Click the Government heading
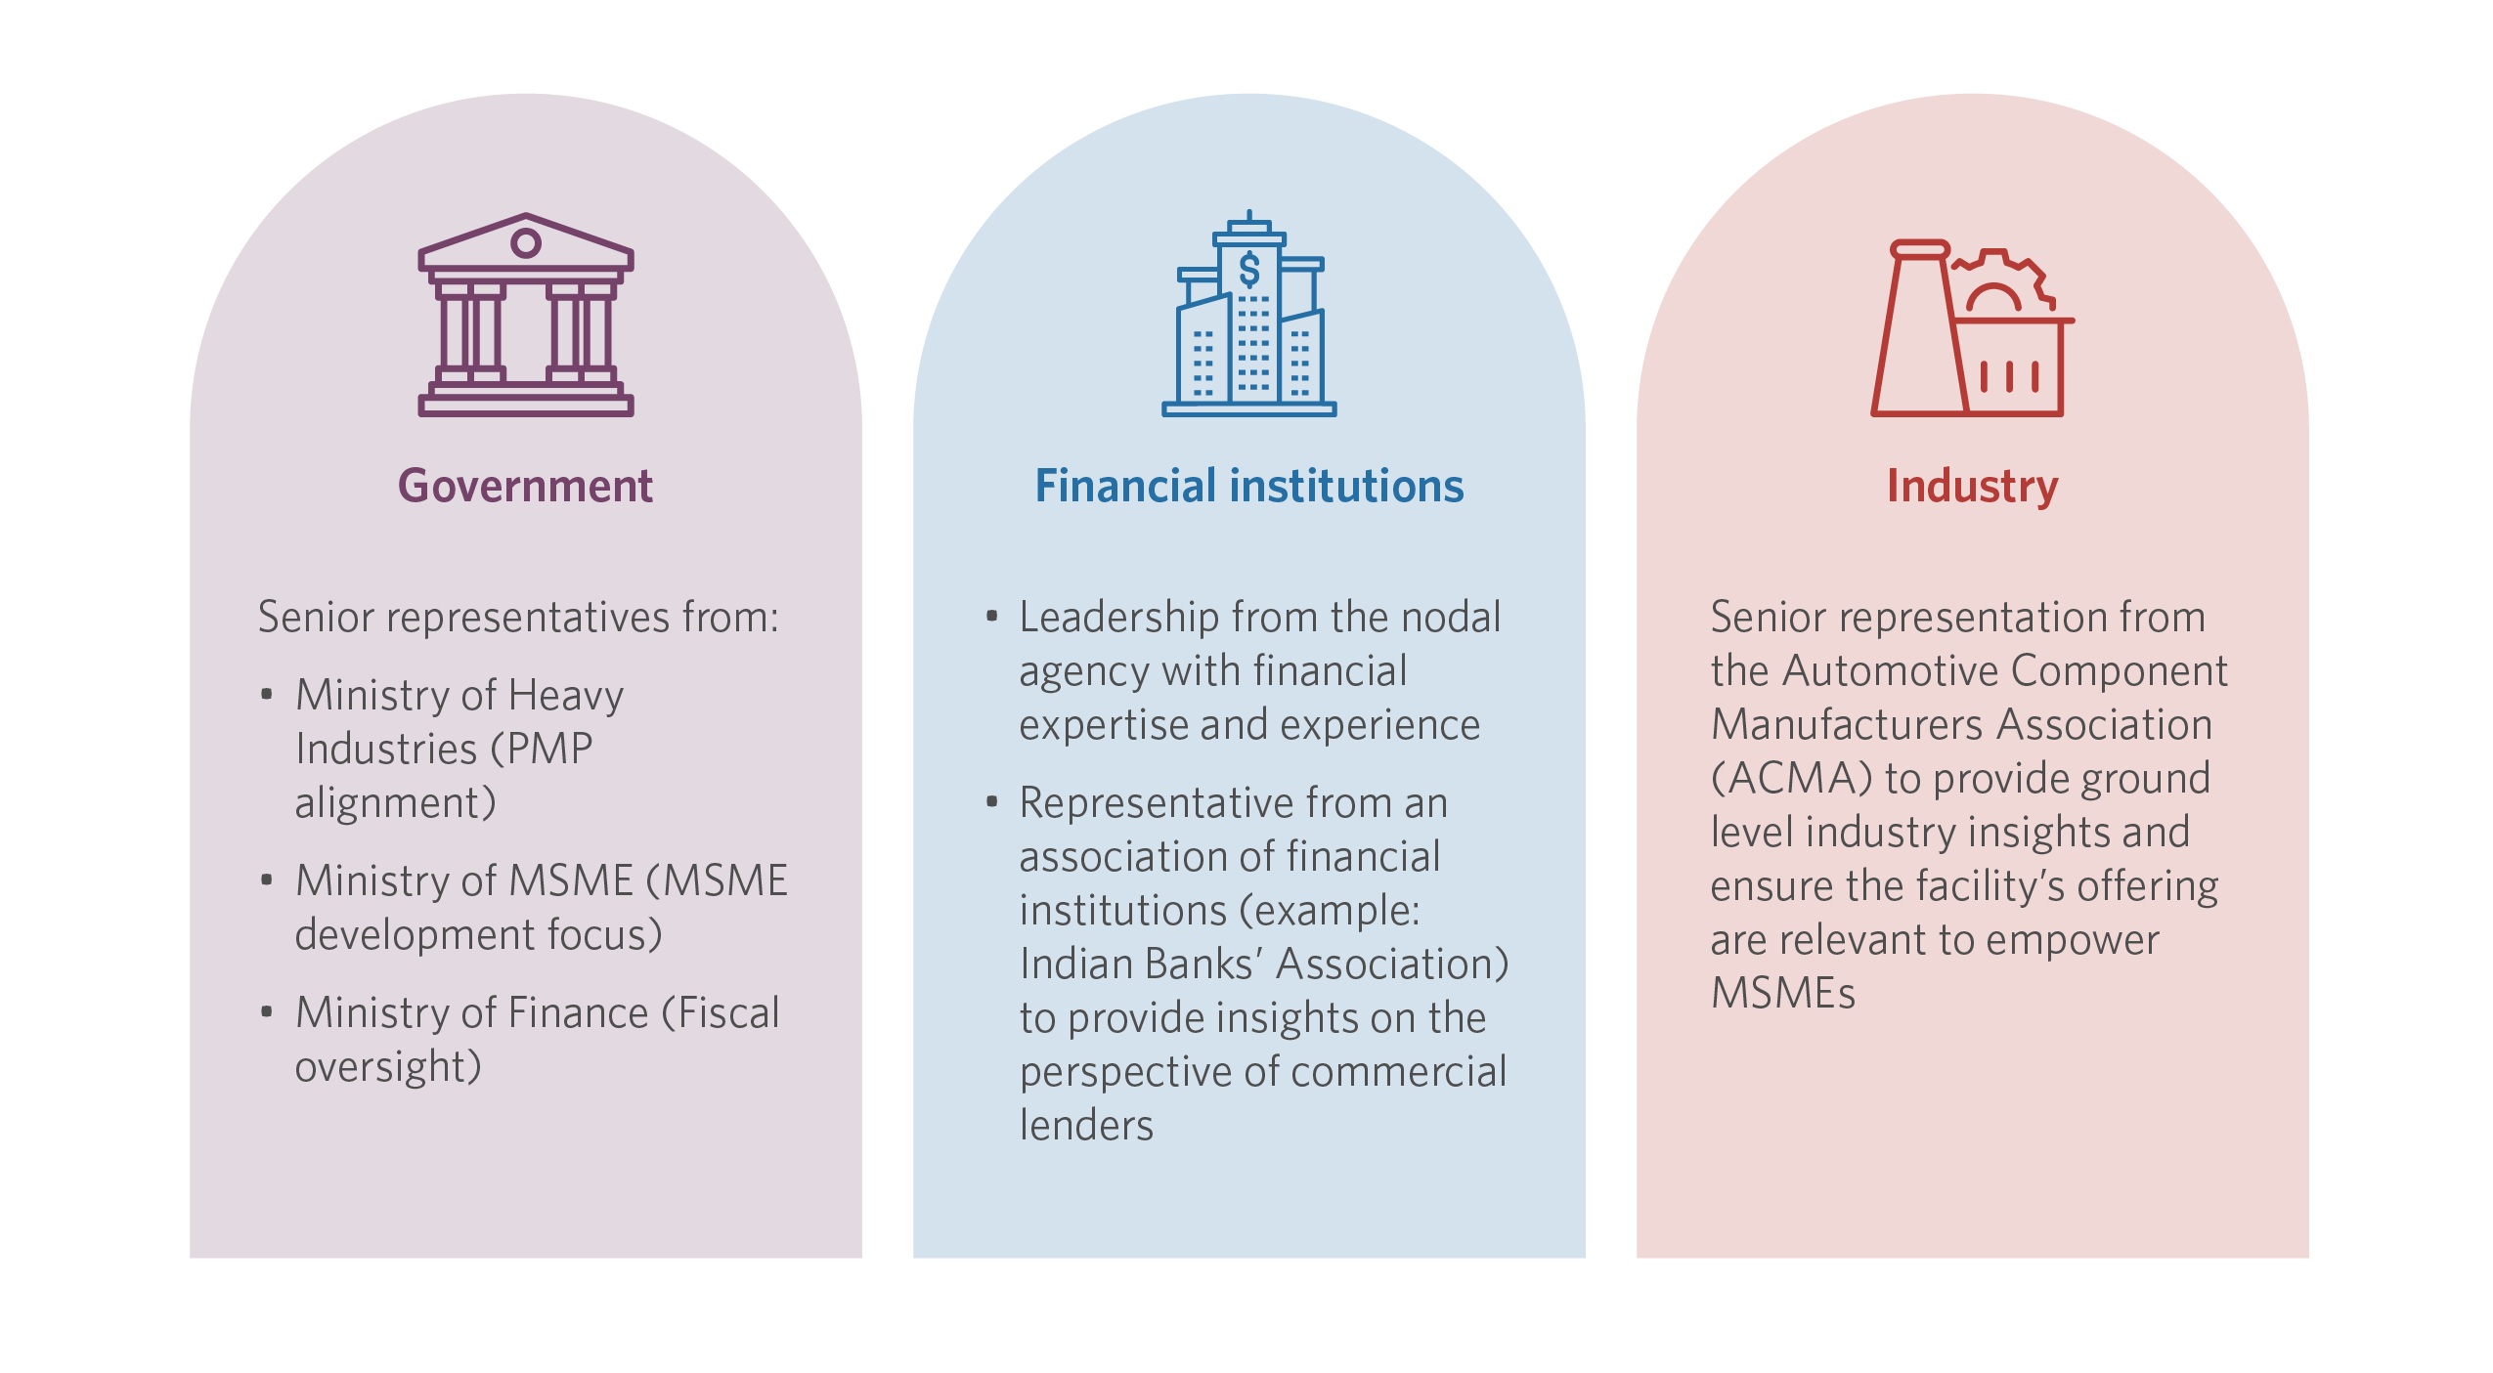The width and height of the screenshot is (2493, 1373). coord(525,486)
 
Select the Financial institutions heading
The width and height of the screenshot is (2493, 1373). coord(1249,486)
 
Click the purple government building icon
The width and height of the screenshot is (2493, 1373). coord(526,315)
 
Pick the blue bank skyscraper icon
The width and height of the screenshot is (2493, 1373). coord(1249,314)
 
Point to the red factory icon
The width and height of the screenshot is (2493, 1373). coord(1972,328)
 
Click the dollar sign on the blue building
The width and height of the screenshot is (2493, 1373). coord(1249,270)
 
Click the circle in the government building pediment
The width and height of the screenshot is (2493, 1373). coord(526,242)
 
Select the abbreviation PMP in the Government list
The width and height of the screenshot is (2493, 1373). coord(551,750)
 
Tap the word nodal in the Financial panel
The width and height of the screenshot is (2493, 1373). coord(1450,617)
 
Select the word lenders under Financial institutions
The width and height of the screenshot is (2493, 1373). coord(1086,1125)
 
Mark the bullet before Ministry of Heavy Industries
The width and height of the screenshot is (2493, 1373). coord(266,695)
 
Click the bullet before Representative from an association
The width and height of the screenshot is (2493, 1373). coord(991,802)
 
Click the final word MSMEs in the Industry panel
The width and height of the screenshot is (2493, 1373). coord(1783,993)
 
